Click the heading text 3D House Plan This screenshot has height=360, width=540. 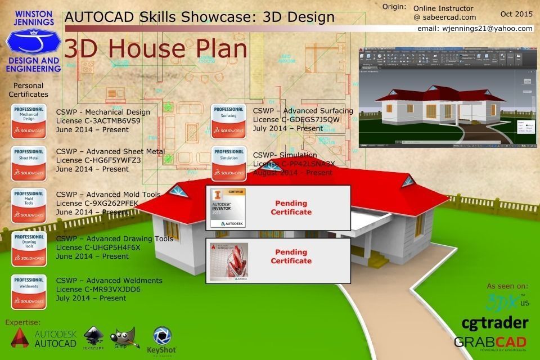(x=156, y=49)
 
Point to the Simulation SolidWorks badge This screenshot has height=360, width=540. (x=228, y=164)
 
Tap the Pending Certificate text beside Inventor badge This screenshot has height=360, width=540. (x=291, y=208)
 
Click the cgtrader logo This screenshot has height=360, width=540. (x=494, y=323)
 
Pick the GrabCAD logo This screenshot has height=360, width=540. (x=490, y=342)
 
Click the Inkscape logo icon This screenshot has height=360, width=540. (x=93, y=337)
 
